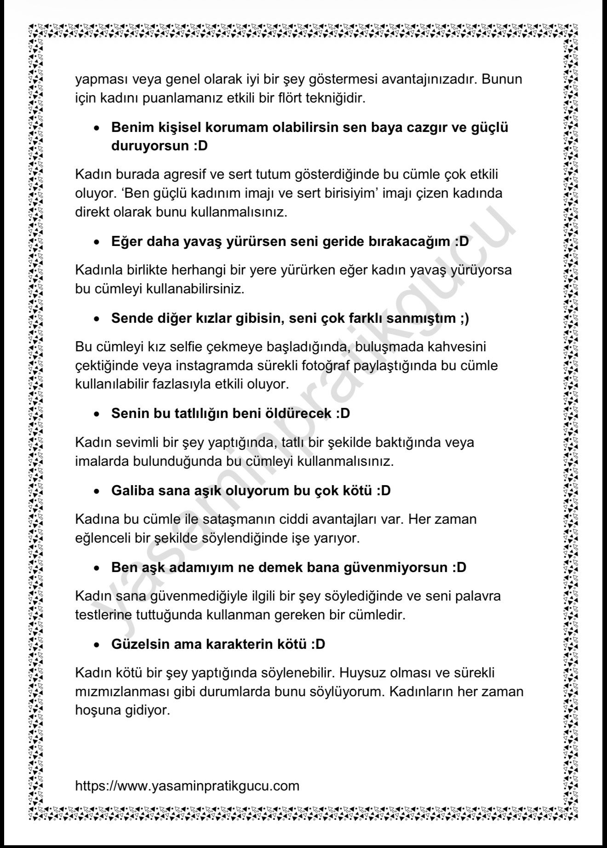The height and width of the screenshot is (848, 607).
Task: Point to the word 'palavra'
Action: pos(478,596)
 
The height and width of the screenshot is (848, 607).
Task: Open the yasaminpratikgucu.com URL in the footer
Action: pos(187,785)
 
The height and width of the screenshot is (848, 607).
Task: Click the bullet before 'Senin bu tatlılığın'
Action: pos(97,414)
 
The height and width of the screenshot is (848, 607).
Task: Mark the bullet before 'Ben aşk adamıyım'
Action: pos(97,568)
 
